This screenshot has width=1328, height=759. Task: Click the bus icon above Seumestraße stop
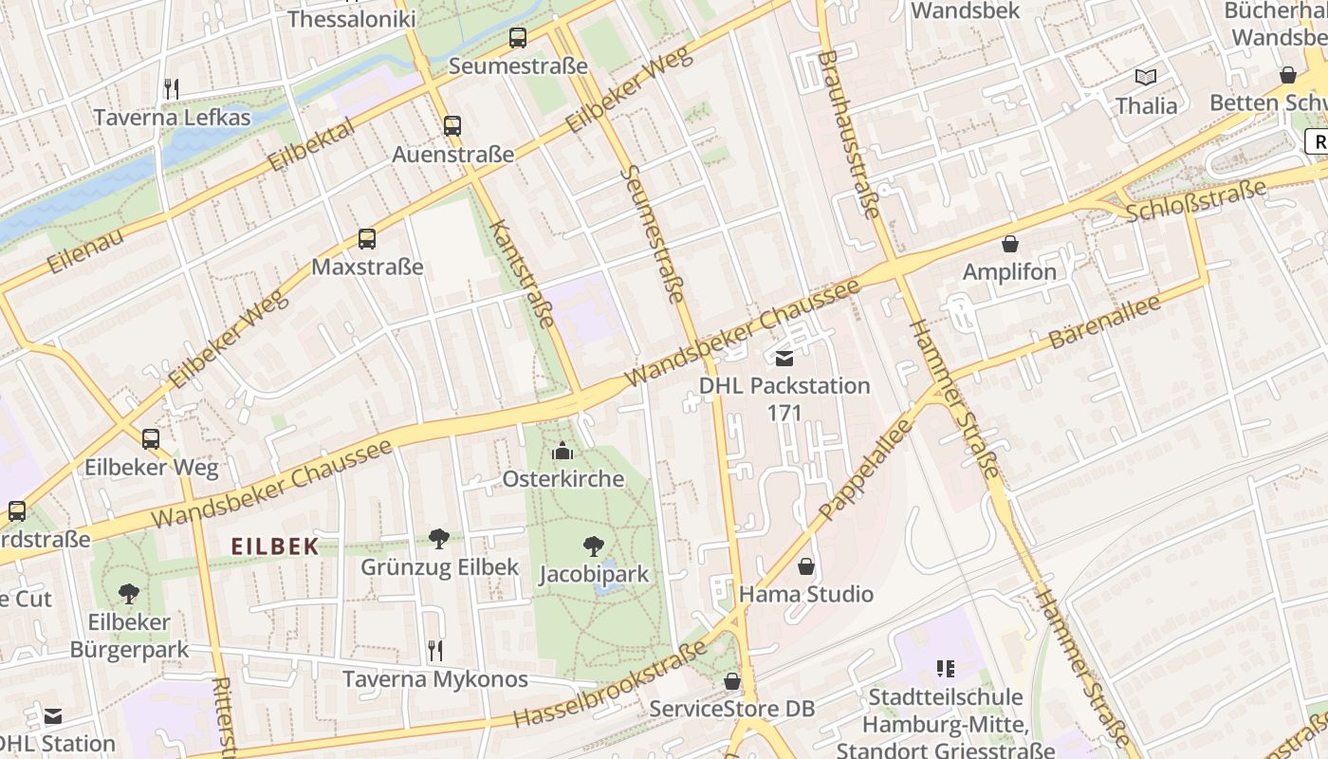point(517,38)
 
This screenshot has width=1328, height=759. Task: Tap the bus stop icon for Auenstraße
point(452,125)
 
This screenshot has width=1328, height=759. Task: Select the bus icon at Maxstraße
point(367,239)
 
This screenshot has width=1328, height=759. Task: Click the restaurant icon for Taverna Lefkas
point(172,89)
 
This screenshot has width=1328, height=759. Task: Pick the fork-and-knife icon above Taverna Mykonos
point(435,651)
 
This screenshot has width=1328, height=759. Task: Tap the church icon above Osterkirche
point(563,451)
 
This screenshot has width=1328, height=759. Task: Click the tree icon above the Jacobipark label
point(594,546)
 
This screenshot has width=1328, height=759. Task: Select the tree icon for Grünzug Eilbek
point(439,539)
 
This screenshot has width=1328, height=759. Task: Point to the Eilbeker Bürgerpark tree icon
point(129,594)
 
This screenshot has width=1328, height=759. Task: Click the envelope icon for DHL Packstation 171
point(784,358)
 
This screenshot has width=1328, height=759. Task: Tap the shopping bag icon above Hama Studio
point(805,566)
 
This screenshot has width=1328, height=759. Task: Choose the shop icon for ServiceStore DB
point(731,681)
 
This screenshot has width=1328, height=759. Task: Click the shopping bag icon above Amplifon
point(1009,244)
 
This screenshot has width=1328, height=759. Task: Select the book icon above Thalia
point(1146,77)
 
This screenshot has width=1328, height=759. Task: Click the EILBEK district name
point(275,546)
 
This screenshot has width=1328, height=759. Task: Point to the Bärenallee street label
point(1104,323)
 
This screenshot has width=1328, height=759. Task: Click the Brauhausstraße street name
point(848,133)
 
